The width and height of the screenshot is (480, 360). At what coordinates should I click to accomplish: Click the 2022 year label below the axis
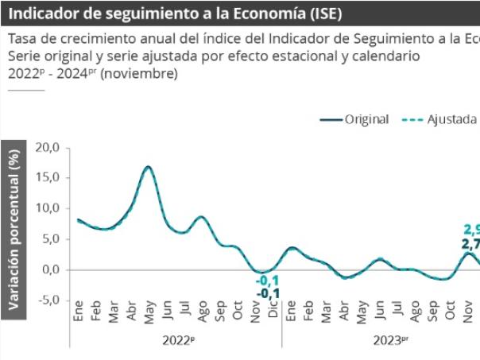[x=177, y=339]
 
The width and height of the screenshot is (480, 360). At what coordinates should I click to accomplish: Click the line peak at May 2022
[x=148, y=167]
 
